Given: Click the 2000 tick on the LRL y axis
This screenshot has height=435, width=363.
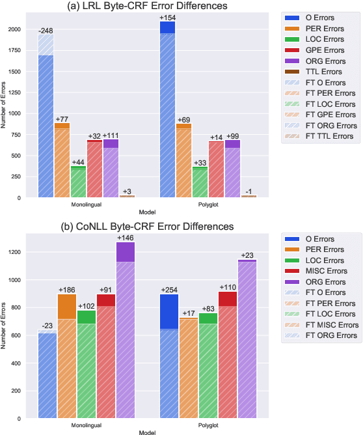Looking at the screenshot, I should pyautogui.click(x=21, y=29).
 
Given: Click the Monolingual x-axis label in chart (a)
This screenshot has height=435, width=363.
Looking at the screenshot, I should pyautogui.click(x=86, y=203).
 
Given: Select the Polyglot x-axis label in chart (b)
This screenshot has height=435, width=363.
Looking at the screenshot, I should pyautogui.click(x=208, y=424).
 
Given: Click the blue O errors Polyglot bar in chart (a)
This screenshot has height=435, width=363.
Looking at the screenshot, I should pyautogui.click(x=168, y=111).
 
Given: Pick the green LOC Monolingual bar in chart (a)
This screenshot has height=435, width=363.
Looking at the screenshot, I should pyautogui.click(x=78, y=182).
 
